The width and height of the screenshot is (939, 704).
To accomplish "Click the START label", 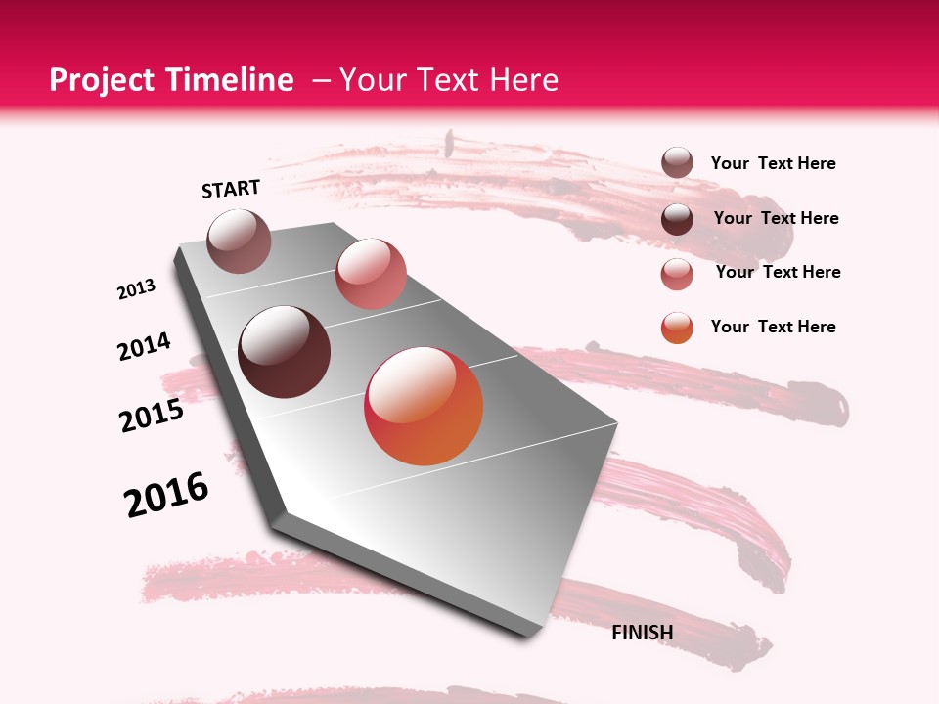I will [x=231, y=189].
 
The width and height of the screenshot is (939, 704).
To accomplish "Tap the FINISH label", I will [x=643, y=633].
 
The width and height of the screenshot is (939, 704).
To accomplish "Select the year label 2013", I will [x=137, y=289].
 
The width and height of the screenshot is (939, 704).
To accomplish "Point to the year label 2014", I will [x=145, y=347].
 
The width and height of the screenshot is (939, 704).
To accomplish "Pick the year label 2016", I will [x=166, y=495].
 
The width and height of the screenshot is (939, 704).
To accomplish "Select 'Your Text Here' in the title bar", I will [x=449, y=80].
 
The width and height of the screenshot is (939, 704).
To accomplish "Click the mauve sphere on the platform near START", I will [x=239, y=241].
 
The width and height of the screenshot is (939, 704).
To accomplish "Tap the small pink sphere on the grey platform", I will [x=371, y=274].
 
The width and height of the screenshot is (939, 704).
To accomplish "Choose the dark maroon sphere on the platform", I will [x=285, y=352].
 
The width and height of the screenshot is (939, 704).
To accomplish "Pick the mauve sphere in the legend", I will [x=677, y=163].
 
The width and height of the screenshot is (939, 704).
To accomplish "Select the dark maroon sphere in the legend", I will [x=677, y=219].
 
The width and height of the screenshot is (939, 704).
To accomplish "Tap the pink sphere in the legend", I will [x=677, y=274].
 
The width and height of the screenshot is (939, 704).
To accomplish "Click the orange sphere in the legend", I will [x=677, y=328].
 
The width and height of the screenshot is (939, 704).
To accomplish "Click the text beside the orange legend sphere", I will [x=774, y=327].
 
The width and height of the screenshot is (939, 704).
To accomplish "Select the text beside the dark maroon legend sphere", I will [x=777, y=218].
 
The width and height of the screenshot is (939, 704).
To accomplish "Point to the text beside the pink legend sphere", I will [x=779, y=272].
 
